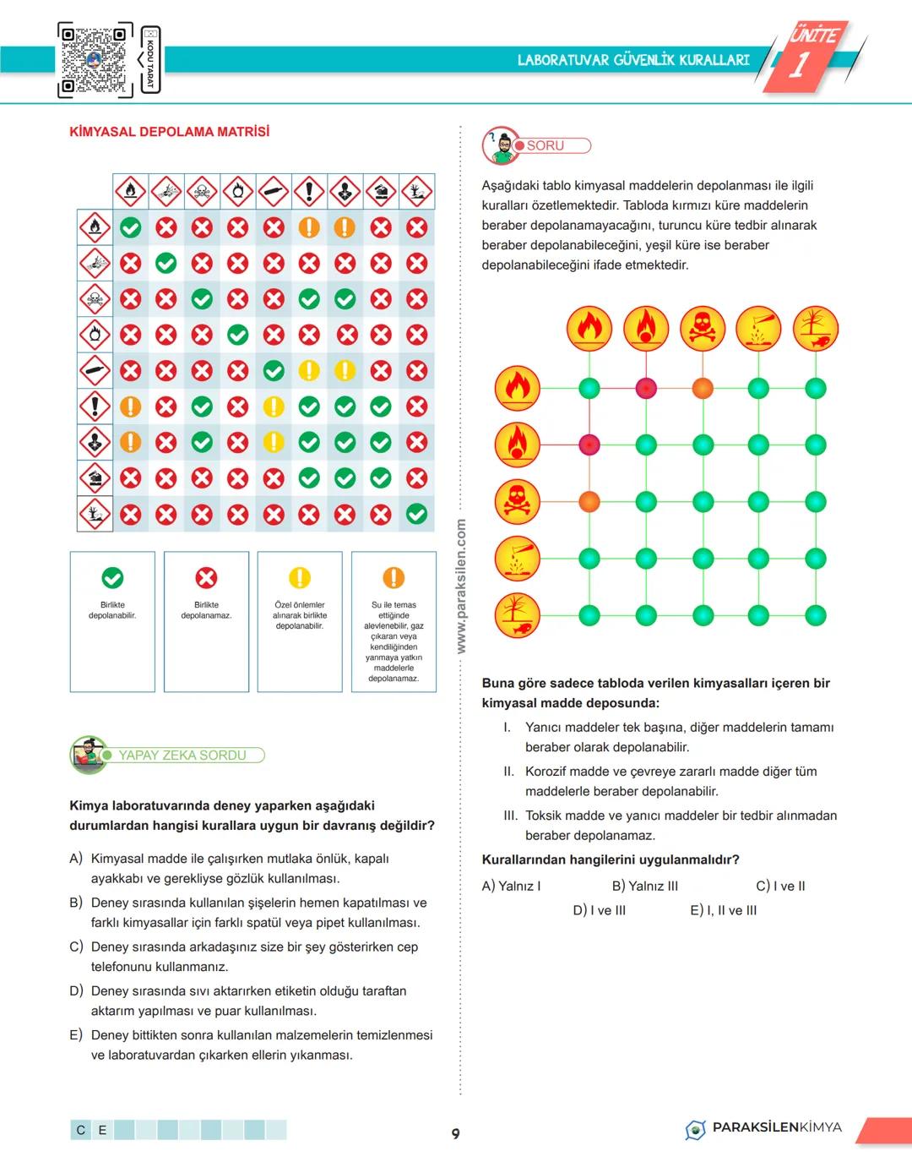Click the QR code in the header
pyautogui.click(x=95, y=59)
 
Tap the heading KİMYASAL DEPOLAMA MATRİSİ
pyautogui.click(x=170, y=132)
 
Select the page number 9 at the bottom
pyautogui.click(x=456, y=1133)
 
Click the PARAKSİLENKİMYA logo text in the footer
pyautogui.click(x=776, y=1127)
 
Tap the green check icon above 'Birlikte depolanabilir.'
pyautogui.click(x=112, y=578)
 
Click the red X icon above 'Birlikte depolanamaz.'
pyautogui.click(x=206, y=578)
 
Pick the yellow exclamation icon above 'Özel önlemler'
pyautogui.click(x=300, y=578)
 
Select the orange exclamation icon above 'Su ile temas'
pyautogui.click(x=394, y=578)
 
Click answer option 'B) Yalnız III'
pyautogui.click(x=645, y=886)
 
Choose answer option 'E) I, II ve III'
pyautogui.click(x=724, y=910)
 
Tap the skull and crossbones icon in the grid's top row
pyautogui.click(x=703, y=329)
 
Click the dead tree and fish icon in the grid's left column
pyautogui.click(x=517, y=614)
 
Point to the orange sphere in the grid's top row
pyautogui.click(x=703, y=389)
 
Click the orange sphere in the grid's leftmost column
pyautogui.click(x=589, y=502)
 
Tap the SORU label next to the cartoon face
pyautogui.click(x=546, y=145)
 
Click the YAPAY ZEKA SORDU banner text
pyautogui.click(x=182, y=756)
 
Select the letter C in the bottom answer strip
pyautogui.click(x=81, y=1130)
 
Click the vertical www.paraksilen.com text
pyautogui.click(x=461, y=586)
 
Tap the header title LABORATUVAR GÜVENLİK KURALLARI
pyautogui.click(x=633, y=60)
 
